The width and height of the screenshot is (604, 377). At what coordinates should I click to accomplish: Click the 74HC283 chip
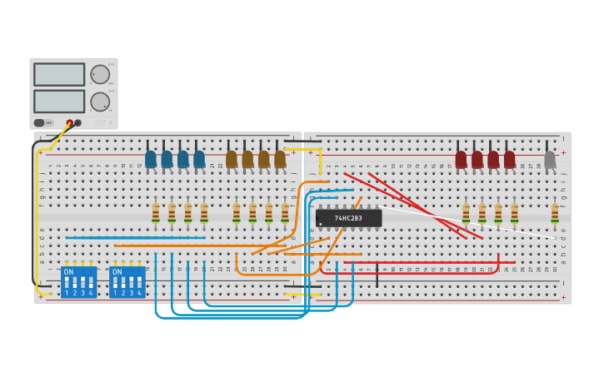tap(349, 218)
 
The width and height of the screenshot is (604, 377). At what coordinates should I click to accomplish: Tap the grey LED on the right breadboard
tap(550, 159)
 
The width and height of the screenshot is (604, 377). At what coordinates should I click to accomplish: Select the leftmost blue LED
tap(151, 159)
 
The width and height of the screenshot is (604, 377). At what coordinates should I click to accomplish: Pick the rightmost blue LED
tap(199, 159)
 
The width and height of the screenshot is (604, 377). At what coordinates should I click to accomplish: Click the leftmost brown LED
tap(232, 159)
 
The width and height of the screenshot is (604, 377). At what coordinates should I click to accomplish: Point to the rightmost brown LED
tap(280, 159)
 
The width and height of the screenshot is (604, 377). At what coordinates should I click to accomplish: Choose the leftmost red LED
tap(461, 159)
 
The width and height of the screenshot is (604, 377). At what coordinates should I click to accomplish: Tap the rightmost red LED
tap(509, 159)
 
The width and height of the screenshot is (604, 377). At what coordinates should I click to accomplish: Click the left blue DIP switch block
tap(78, 282)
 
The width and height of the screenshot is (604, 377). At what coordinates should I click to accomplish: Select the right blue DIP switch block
tap(127, 282)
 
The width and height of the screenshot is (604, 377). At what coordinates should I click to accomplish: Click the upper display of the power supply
tap(59, 75)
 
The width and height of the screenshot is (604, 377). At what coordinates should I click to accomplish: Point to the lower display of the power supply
tap(59, 102)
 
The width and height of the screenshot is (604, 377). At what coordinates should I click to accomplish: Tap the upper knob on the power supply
tap(100, 75)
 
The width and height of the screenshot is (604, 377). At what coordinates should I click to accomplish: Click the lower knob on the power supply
tap(100, 102)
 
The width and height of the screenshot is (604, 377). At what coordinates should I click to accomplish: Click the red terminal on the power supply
tap(70, 123)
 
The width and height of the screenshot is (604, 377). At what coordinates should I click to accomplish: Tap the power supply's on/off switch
tap(39, 123)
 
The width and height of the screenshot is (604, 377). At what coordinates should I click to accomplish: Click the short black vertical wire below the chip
tap(377, 275)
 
